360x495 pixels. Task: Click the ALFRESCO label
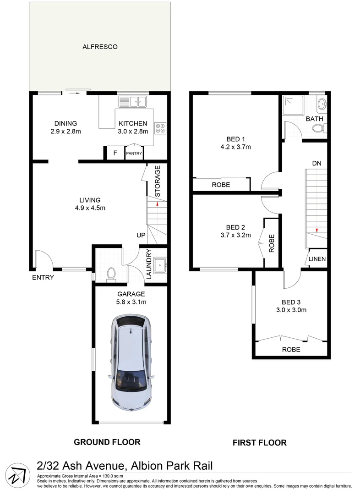[x=100, y=47]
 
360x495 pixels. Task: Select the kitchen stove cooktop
[x=160, y=128]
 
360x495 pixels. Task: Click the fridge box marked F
[x=115, y=153]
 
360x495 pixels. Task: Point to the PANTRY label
[x=134, y=154]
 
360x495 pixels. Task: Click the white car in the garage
[x=132, y=362]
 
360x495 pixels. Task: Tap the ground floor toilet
[x=110, y=274]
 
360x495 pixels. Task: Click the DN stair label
[x=316, y=163]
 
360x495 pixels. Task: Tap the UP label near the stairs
[x=141, y=235]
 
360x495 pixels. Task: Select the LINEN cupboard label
[x=317, y=259]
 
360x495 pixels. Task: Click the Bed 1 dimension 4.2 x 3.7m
[x=236, y=147]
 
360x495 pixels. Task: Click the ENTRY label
[x=43, y=277]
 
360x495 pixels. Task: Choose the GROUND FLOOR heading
[x=107, y=442]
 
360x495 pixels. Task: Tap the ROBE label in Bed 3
[x=291, y=349]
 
